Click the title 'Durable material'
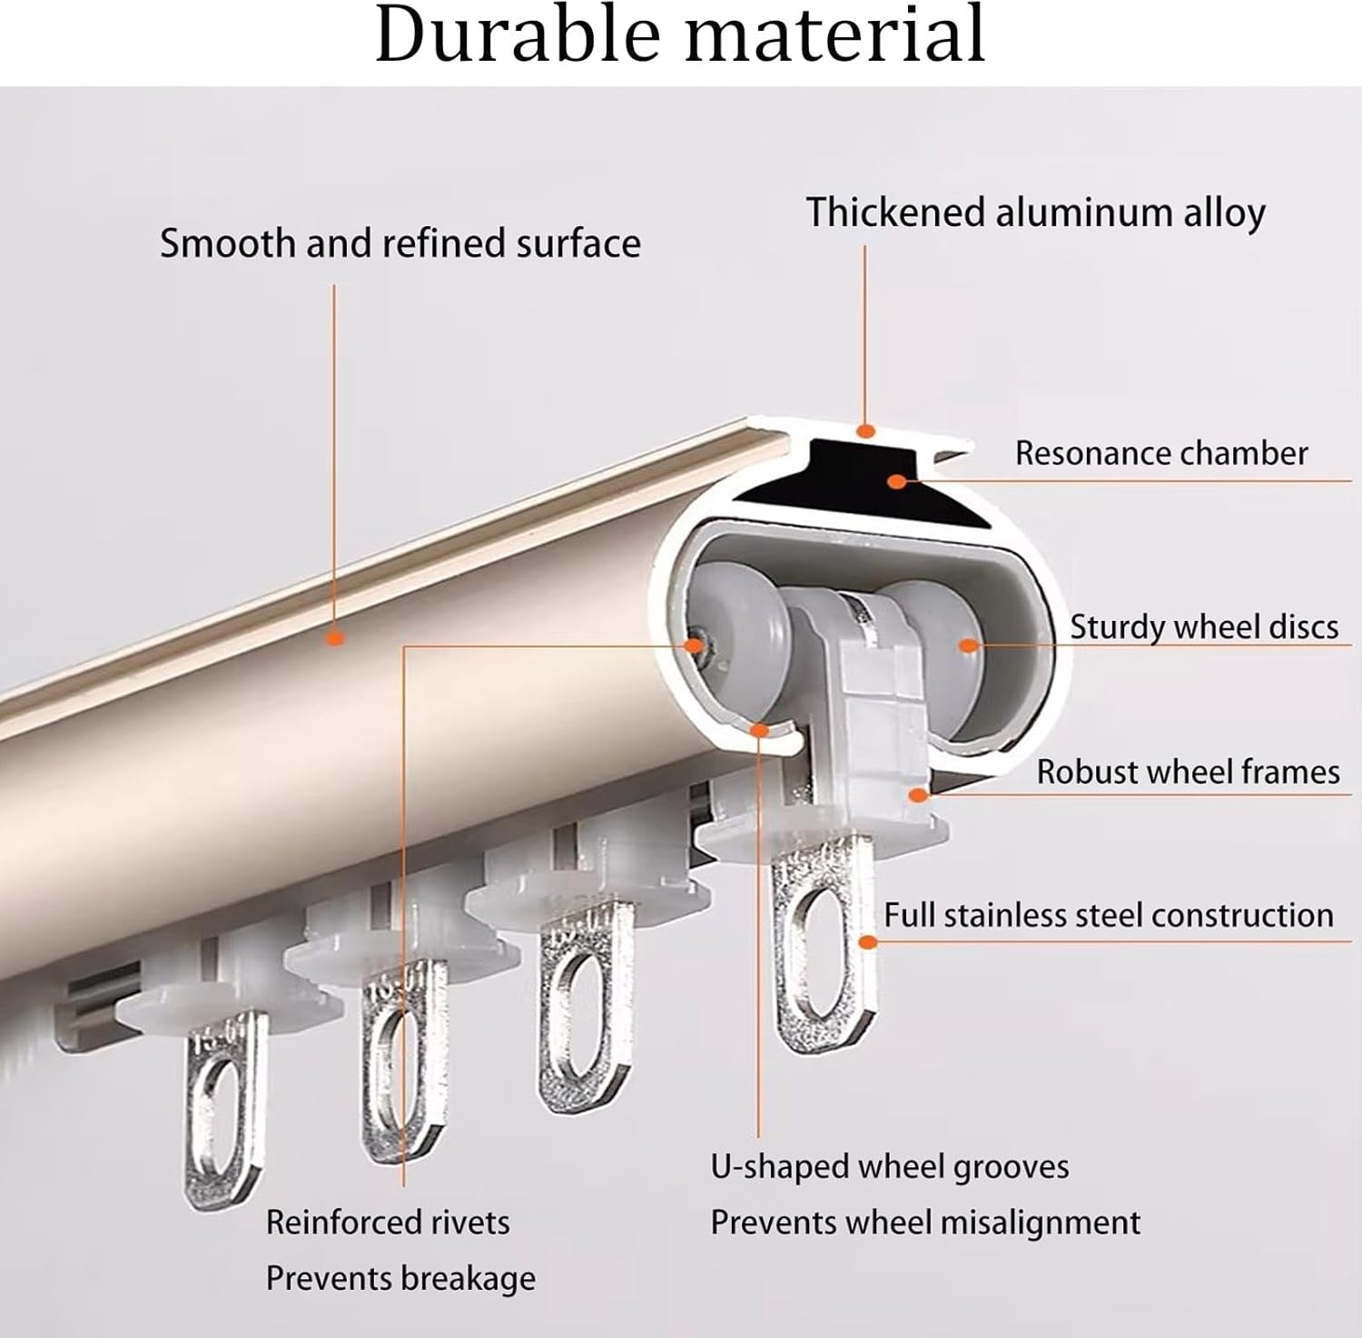point(680,34)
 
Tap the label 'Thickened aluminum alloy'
point(1035,213)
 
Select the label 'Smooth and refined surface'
point(400,243)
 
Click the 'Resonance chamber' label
point(1160,453)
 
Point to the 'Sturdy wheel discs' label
point(1203,627)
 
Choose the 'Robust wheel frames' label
point(1188,772)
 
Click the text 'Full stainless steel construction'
point(1108,915)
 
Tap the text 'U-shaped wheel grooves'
point(889,1166)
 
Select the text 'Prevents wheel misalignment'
point(924,1223)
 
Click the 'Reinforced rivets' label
point(388,1223)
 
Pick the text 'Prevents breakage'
point(400,1279)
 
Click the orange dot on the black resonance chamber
point(897,481)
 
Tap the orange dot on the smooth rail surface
point(335,638)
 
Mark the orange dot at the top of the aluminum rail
point(866,430)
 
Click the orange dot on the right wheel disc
point(968,645)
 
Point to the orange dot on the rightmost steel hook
point(868,942)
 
